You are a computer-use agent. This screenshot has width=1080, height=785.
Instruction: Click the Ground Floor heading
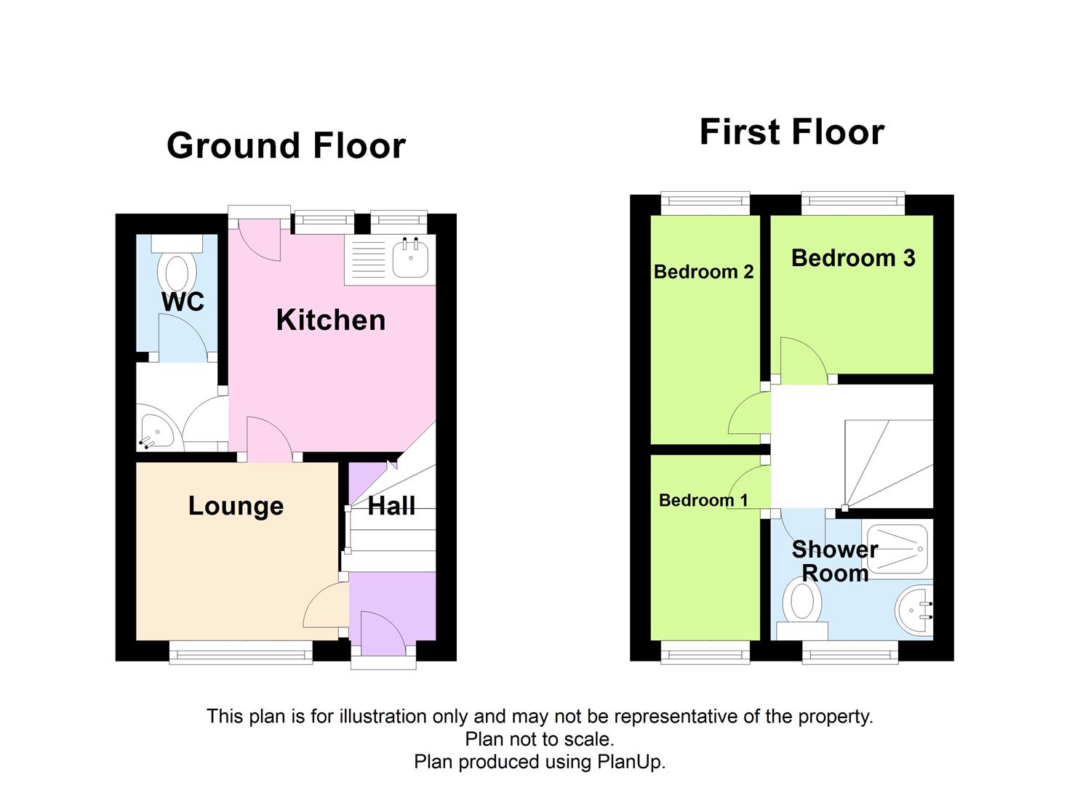pos(286,146)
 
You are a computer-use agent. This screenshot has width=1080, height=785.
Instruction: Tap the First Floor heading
pos(791,132)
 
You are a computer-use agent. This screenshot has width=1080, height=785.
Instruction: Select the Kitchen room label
pos(330,321)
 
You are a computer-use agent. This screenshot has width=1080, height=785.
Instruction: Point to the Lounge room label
pos(236,506)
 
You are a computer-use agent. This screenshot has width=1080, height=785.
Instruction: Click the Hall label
pos(391,506)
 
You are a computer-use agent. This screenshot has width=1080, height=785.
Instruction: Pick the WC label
pos(183,302)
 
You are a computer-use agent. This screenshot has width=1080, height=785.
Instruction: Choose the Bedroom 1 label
pos(703,500)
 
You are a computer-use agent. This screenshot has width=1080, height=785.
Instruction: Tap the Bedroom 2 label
pos(703,272)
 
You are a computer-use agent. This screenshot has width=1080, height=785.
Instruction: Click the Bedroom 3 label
pos(852,258)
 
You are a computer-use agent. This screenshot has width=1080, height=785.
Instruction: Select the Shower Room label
pos(835,561)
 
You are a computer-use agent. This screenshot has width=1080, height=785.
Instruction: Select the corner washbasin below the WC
pos(155,433)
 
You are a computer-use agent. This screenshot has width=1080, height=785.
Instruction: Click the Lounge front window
pos(241,652)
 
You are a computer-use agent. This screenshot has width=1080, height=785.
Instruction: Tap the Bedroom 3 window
pos(853,203)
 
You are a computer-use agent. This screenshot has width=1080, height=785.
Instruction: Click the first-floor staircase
pos(887,463)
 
